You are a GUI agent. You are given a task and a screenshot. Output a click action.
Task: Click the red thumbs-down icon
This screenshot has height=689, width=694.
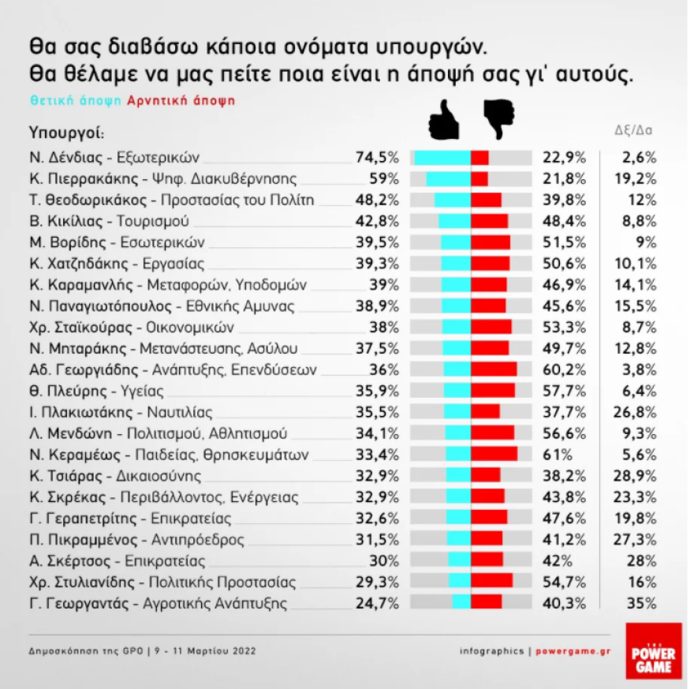click(x=498, y=121)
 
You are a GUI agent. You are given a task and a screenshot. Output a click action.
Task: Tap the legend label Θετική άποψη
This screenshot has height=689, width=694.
click(x=76, y=101)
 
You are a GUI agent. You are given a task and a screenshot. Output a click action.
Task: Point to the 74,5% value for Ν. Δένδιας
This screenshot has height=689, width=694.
click(x=378, y=157)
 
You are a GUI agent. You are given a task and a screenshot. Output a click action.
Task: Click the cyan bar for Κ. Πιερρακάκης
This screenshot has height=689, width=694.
click(x=449, y=178)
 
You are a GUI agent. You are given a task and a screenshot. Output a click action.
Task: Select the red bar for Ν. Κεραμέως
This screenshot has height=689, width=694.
click(x=494, y=454)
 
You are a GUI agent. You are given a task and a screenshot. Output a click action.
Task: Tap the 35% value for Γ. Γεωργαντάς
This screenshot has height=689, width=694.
click(x=643, y=604)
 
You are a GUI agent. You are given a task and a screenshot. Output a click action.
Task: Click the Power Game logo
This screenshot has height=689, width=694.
click(x=653, y=650)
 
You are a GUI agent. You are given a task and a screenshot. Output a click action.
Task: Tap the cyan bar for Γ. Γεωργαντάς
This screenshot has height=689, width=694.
click(x=461, y=603)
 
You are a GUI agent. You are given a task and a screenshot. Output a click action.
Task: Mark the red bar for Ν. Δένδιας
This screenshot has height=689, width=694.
click(x=479, y=157)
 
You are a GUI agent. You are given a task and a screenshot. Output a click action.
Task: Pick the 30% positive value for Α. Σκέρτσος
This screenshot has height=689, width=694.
click(x=384, y=561)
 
